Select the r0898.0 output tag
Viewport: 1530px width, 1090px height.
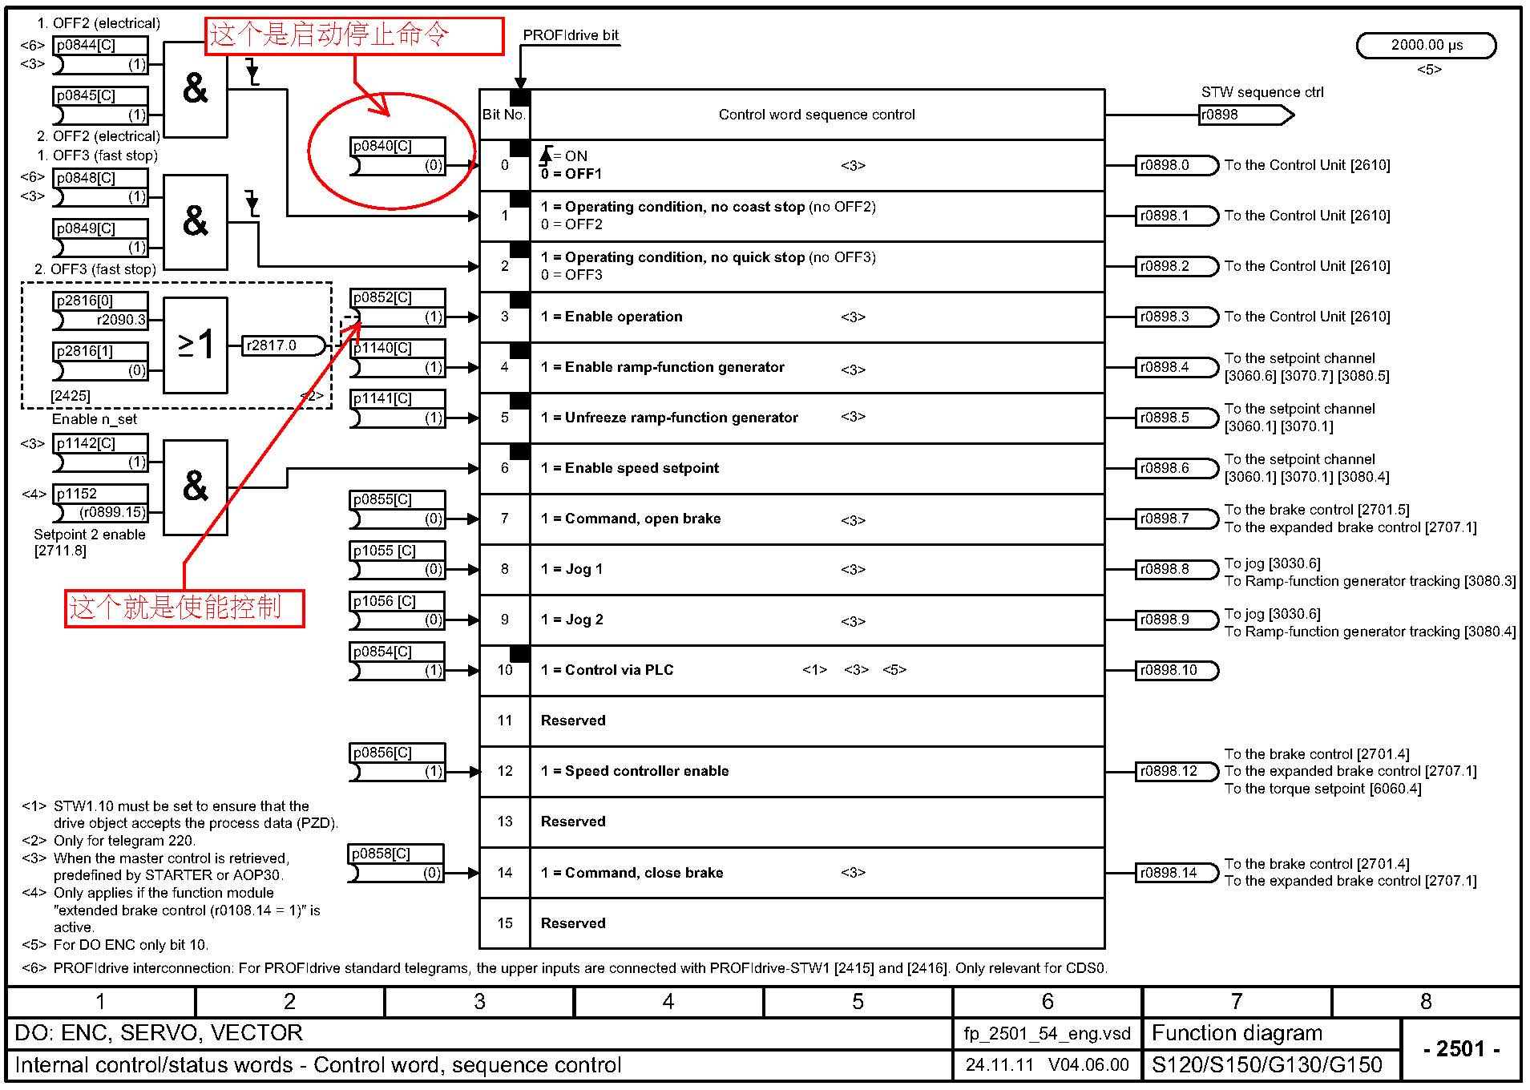(1176, 166)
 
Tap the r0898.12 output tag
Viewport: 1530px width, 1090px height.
(1176, 772)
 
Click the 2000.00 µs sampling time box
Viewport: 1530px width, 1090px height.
(1426, 46)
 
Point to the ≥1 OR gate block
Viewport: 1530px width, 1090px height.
(196, 345)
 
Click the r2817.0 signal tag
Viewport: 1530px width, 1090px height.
(283, 345)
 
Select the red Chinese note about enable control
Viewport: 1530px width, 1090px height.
(184, 608)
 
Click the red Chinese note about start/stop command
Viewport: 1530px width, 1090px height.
(354, 36)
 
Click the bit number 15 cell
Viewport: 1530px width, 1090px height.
(505, 923)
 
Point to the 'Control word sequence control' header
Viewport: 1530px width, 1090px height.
(817, 115)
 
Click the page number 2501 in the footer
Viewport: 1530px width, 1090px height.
(1461, 1049)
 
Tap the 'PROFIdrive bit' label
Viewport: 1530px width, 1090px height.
(571, 35)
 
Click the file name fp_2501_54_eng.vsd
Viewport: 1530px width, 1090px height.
(1047, 1034)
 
